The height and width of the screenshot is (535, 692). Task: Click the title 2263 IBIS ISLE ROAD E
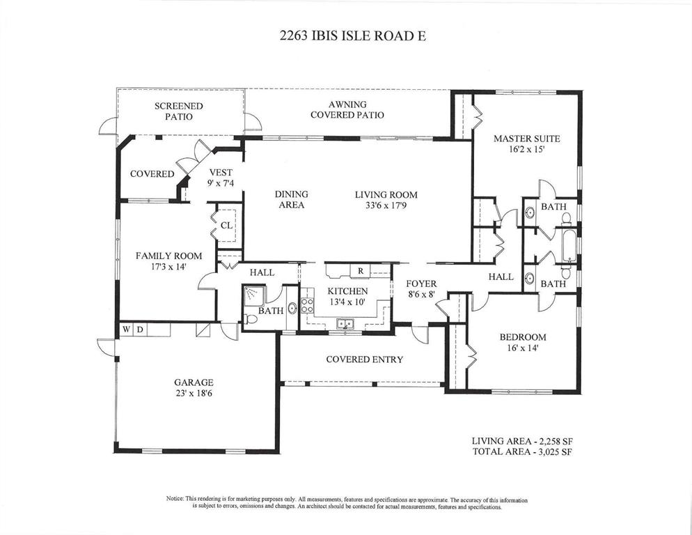click(353, 36)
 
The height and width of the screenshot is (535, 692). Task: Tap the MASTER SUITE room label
click(526, 139)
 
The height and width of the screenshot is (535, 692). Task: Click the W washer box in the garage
click(126, 329)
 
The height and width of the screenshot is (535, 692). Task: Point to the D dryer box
click(139, 329)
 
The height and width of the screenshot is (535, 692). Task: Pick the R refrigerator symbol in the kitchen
click(361, 271)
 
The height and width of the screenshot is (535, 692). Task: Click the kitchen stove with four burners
click(307, 305)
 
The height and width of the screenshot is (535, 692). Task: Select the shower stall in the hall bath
click(253, 295)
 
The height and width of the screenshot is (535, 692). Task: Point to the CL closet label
click(226, 226)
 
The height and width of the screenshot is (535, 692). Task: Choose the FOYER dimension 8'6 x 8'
click(421, 294)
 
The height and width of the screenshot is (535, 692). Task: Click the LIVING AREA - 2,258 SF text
click(522, 441)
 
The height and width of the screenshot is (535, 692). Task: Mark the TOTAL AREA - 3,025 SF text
click(523, 452)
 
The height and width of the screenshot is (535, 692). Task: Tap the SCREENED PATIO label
click(179, 111)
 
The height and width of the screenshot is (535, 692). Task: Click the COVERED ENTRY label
click(365, 359)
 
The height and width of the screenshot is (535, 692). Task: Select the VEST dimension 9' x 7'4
click(220, 183)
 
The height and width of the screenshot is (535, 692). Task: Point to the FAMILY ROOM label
click(168, 256)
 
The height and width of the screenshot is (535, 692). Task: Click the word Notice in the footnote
click(175, 499)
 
